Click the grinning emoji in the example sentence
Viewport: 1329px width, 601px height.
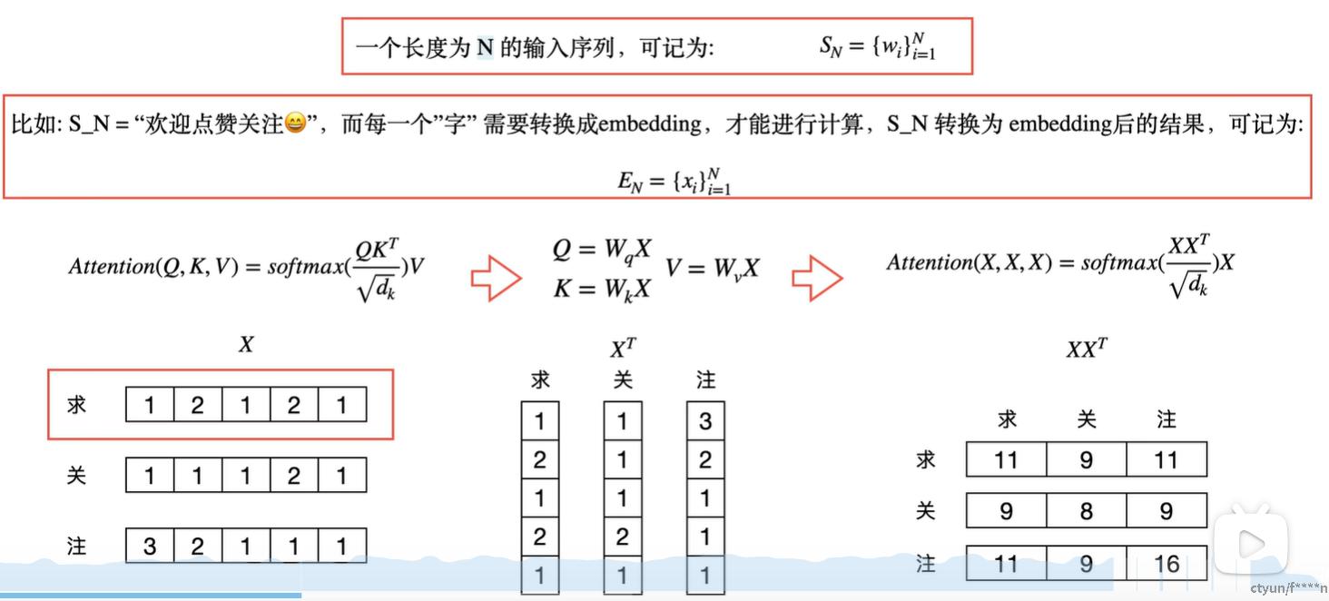tap(296, 123)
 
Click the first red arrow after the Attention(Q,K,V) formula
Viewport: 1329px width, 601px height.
tap(496, 278)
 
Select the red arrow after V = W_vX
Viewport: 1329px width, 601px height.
tap(817, 278)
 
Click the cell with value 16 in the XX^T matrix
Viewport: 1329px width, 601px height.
tap(1167, 564)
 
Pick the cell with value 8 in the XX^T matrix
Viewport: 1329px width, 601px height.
tap(1086, 512)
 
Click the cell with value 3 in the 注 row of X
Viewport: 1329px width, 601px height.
tap(150, 547)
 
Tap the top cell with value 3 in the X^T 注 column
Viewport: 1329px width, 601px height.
tap(705, 421)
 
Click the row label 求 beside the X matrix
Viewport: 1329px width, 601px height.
tap(77, 405)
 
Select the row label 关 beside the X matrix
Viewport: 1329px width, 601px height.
tap(77, 475)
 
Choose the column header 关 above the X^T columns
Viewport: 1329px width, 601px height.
tap(623, 379)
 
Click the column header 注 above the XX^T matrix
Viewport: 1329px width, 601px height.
tap(1167, 419)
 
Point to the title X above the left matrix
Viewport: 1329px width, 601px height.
tap(246, 345)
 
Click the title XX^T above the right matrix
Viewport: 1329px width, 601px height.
tap(1087, 349)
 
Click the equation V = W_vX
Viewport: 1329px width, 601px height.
tap(713, 268)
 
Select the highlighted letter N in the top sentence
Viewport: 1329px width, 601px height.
tap(486, 47)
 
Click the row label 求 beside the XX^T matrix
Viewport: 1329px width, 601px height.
tap(925, 459)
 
